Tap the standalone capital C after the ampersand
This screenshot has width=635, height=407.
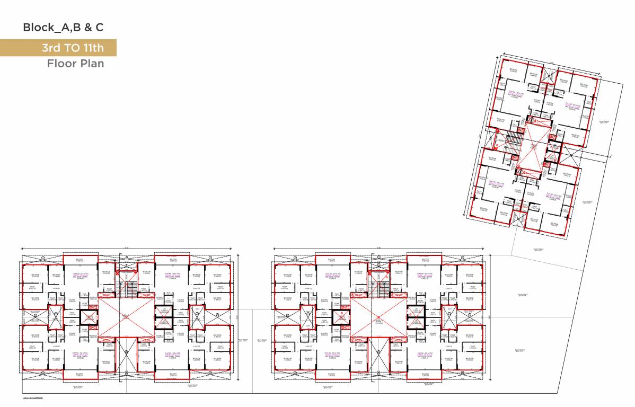tap(99, 28)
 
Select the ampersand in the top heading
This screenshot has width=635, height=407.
tap(85, 28)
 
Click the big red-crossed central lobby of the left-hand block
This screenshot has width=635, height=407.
tap(125, 316)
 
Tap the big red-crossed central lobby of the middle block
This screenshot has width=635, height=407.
tap(377, 316)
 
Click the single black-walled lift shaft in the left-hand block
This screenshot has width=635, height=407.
tap(89, 317)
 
